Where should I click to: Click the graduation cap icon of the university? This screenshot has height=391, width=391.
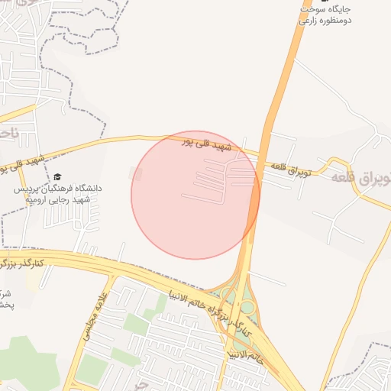[x=58, y=176]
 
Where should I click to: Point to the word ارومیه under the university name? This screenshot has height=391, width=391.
[x=38, y=199]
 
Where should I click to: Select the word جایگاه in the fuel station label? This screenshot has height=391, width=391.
[x=342, y=9]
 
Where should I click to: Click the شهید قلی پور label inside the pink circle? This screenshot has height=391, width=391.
[x=212, y=144]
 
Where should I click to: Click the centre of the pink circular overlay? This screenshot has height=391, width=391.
[x=195, y=195]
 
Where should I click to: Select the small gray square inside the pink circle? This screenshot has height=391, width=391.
[x=137, y=174]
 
